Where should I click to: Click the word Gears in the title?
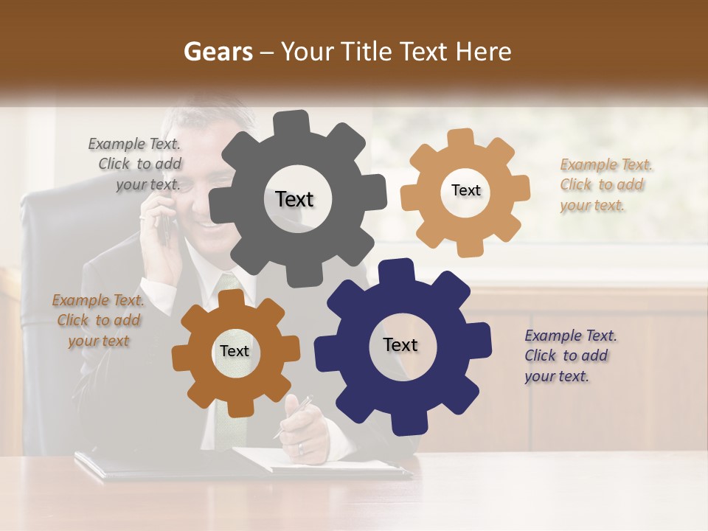[215, 52]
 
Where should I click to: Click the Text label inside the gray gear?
[294, 199]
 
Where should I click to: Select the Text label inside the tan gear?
[465, 190]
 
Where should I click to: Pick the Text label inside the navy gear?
[400, 344]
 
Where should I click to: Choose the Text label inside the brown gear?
[235, 351]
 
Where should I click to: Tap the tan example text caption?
[605, 185]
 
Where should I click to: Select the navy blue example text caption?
[569, 355]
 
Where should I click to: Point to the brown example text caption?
[98, 320]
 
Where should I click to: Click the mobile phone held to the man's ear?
[164, 225]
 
